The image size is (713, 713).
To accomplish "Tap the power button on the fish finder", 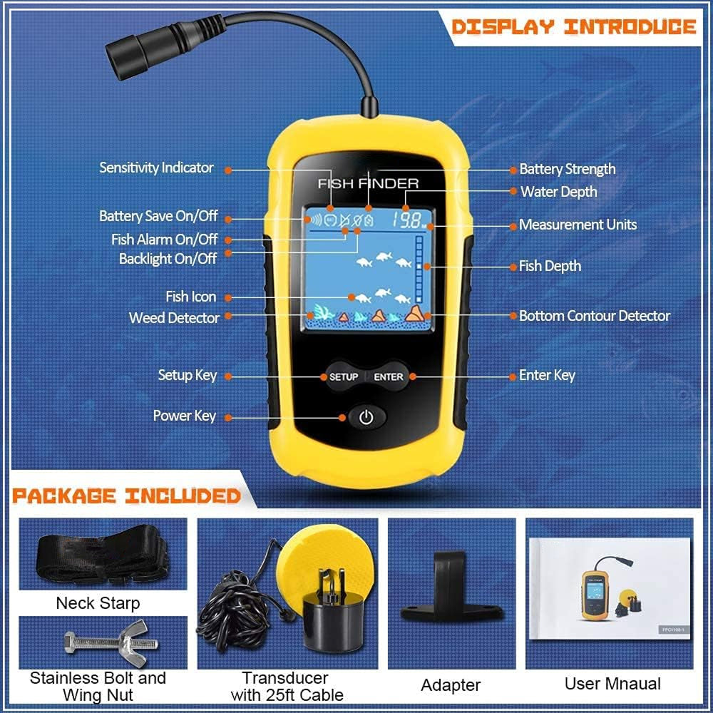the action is tap(366, 417).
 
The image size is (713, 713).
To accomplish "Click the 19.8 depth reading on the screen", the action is tap(408, 220).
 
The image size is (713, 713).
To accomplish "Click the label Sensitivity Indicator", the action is tap(156, 168).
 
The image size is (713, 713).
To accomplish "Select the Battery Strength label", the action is tap(568, 169).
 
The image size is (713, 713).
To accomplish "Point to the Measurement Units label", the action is tap(578, 225).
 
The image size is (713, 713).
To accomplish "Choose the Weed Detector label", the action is tap(174, 318).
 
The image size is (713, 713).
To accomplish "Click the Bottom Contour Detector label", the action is tap(595, 316).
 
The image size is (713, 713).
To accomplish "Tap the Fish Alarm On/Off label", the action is tap(165, 239).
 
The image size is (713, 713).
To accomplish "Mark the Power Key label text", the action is tap(185, 416).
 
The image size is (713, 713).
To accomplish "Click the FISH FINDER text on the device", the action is tap(369, 184).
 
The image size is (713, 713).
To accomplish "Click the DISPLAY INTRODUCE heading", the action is tap(574, 27).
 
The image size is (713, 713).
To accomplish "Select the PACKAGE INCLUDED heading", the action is tap(126, 496).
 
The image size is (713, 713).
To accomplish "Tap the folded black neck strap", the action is tap(103, 554).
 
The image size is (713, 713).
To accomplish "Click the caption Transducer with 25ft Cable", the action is tap(287, 687).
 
